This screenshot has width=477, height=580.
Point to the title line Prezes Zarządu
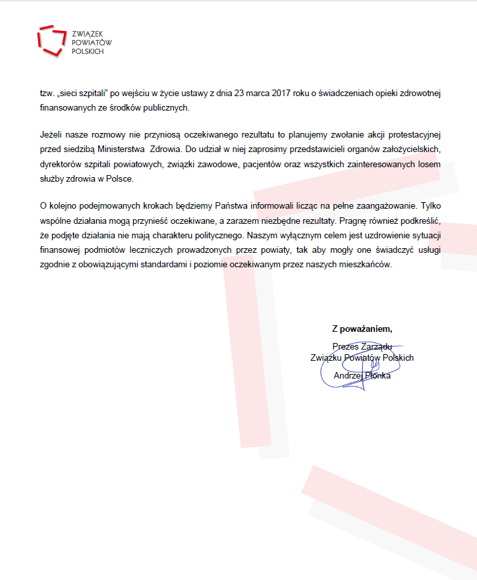(362, 346)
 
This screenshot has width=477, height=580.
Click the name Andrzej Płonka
(362, 375)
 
